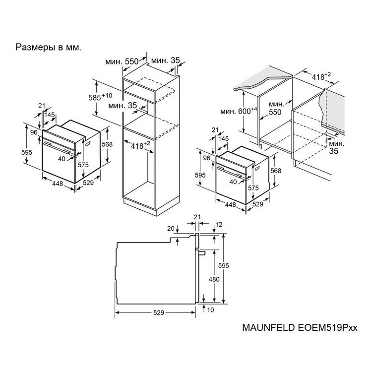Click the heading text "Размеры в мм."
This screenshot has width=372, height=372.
coord(49,48)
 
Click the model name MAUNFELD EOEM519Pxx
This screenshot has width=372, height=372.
coord(300,327)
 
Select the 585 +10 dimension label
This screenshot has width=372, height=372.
coord(100,97)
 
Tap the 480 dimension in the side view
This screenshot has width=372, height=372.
coord(214,279)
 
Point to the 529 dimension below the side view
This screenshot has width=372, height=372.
coord(159,312)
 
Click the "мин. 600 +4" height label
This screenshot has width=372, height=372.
coord(239,111)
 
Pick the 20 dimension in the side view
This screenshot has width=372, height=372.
coord(171,229)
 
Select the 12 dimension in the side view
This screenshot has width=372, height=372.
coord(219,224)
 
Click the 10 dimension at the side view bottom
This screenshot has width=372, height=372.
coord(210,310)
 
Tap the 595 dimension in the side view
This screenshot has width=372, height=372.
coord(224,266)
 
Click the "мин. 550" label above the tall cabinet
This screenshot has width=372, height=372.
coord(122,62)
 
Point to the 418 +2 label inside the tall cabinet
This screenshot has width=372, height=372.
coord(140,145)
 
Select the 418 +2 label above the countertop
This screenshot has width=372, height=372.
coord(321,76)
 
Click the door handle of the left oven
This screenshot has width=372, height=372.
coord(57,148)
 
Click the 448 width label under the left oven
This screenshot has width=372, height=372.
coord(58,184)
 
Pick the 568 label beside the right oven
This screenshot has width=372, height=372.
coord(276,171)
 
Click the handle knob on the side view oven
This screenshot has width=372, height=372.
coord(202,253)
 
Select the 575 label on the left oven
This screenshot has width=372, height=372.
coord(83,165)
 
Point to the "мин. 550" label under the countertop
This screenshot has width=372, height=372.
coord(275,108)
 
